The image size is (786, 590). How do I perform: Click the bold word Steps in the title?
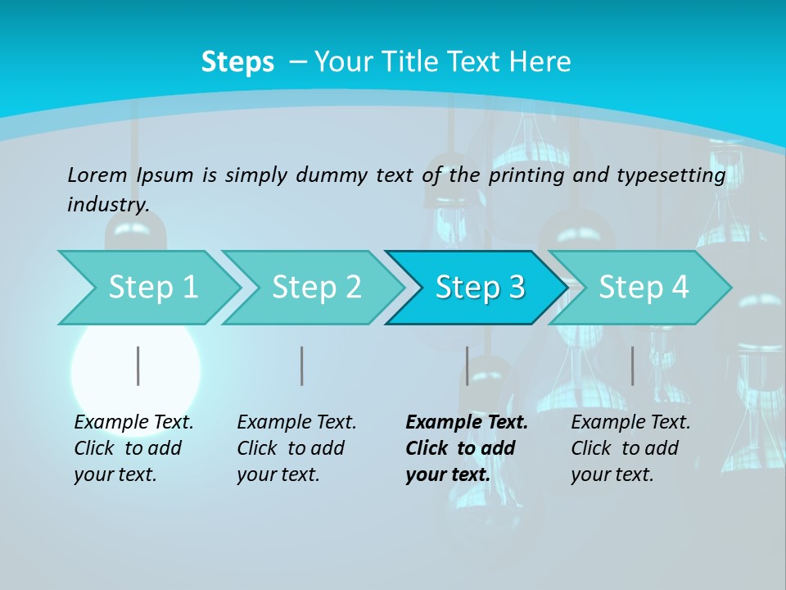coord(237,62)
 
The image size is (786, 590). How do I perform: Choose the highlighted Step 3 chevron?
coord(480,288)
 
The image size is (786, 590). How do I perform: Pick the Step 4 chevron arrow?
coord(644,288)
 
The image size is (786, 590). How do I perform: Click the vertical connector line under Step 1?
coord(138,365)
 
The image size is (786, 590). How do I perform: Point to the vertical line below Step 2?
coord(302,365)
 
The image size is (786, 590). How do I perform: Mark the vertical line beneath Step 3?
coord(467,365)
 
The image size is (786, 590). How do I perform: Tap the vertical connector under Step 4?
coord(632,365)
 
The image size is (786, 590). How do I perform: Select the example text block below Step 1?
coord(133,448)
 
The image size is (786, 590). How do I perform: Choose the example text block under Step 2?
coord(296,448)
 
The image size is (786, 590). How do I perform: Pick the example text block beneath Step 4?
coord(630,448)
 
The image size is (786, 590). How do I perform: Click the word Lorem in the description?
coord(97,175)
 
